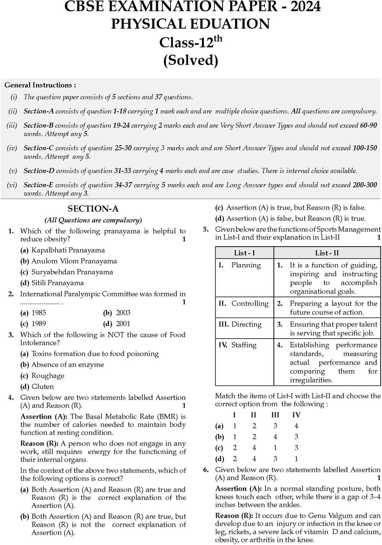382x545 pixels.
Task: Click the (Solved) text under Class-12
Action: click(191, 60)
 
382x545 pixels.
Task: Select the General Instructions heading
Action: click(40, 85)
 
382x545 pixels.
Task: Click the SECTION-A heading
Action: click(93, 209)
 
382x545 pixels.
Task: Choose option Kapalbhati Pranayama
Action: click(68, 250)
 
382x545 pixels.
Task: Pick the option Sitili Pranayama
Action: click(57, 283)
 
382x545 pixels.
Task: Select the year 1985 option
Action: click(39, 313)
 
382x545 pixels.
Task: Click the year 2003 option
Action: click(123, 313)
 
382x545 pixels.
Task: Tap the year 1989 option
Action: click(39, 324)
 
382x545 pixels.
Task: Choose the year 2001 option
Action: click(123, 324)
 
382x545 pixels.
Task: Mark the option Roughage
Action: click(48, 376)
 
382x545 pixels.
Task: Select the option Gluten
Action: click(43, 387)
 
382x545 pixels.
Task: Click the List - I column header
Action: click(244, 253)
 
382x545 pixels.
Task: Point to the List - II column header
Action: click(327, 253)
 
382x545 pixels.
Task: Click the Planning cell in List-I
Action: click(246, 265)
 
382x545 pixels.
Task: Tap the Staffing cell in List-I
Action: click(244, 345)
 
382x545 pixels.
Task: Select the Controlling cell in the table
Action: click(250, 304)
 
